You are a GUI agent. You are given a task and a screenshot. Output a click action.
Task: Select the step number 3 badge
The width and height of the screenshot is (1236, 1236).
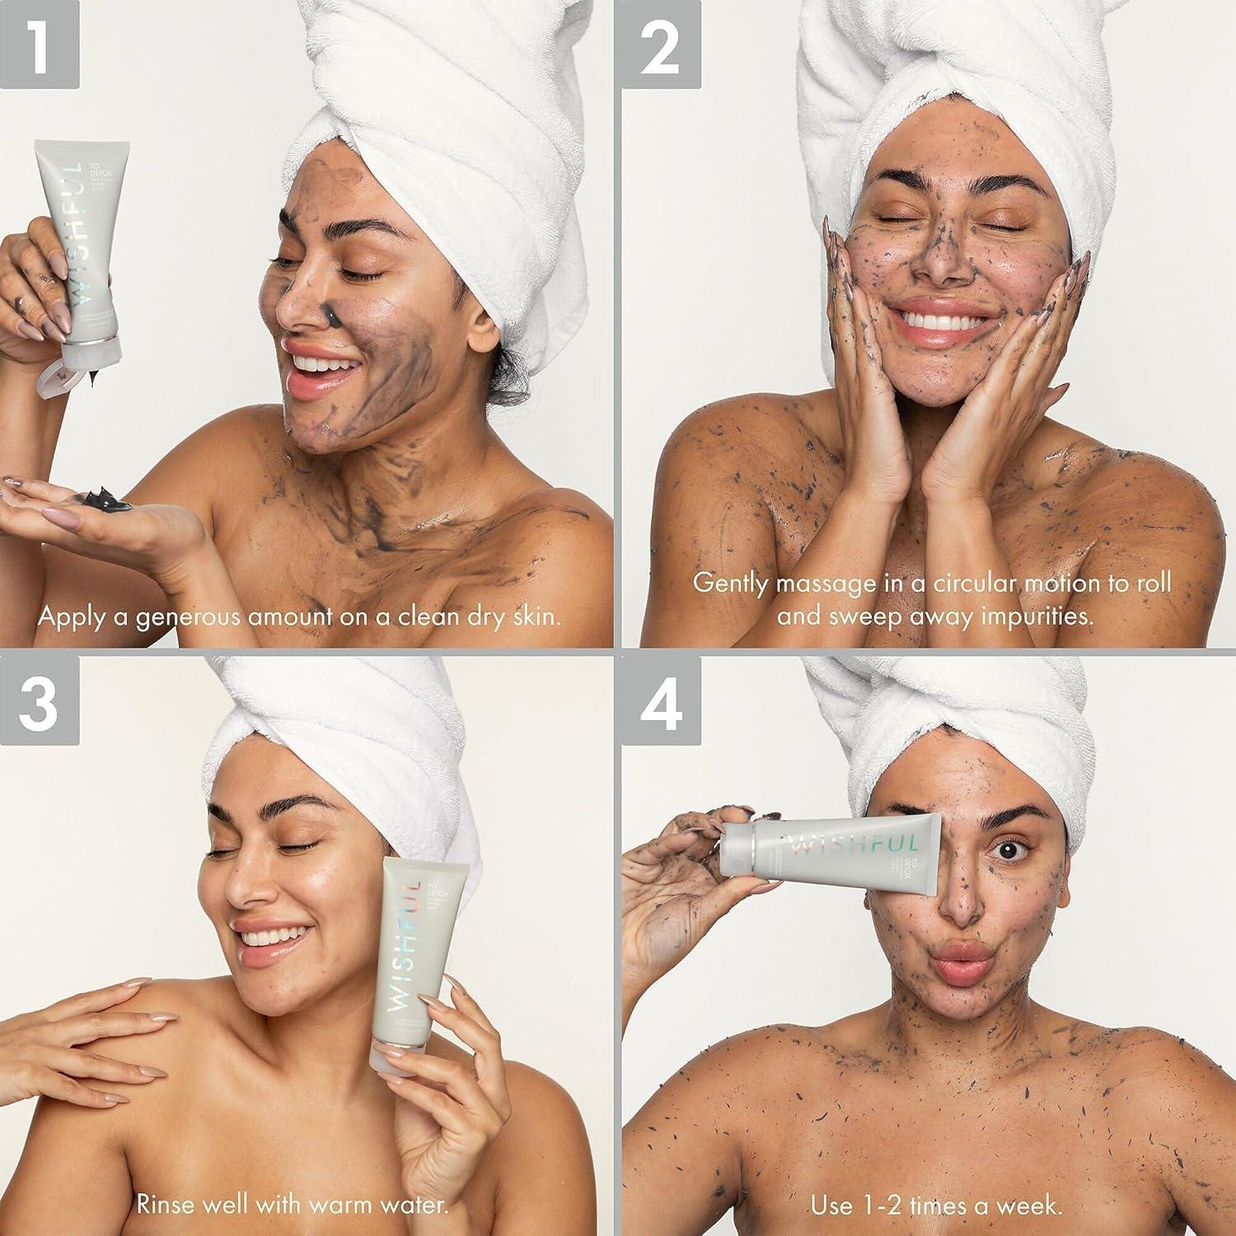(x=40, y=697)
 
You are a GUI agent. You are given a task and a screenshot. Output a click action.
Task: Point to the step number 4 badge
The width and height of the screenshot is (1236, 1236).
(x=661, y=697)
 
